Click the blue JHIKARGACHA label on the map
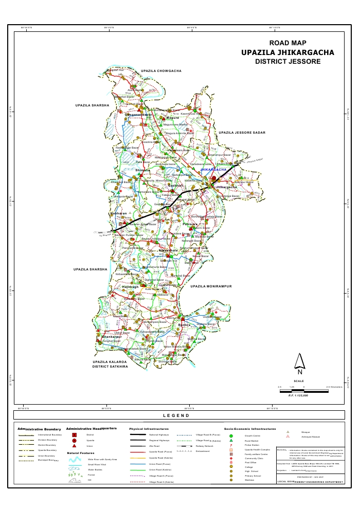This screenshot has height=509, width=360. pyautogui.click(x=213, y=169)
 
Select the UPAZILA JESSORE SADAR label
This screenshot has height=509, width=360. pyautogui.click(x=242, y=133)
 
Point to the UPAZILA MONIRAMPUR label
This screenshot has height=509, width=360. pyautogui.click(x=212, y=285)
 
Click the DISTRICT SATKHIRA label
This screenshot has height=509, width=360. pyautogui.click(x=110, y=367)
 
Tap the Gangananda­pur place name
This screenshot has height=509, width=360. pyautogui.click(x=135, y=115)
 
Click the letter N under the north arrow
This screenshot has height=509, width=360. pyautogui.click(x=299, y=372)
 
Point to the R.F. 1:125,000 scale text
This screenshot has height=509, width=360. pyautogui.click(x=298, y=395)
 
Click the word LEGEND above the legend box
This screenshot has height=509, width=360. pyautogui.click(x=176, y=415)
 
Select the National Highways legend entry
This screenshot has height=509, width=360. pyautogui.click(x=159, y=435)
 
